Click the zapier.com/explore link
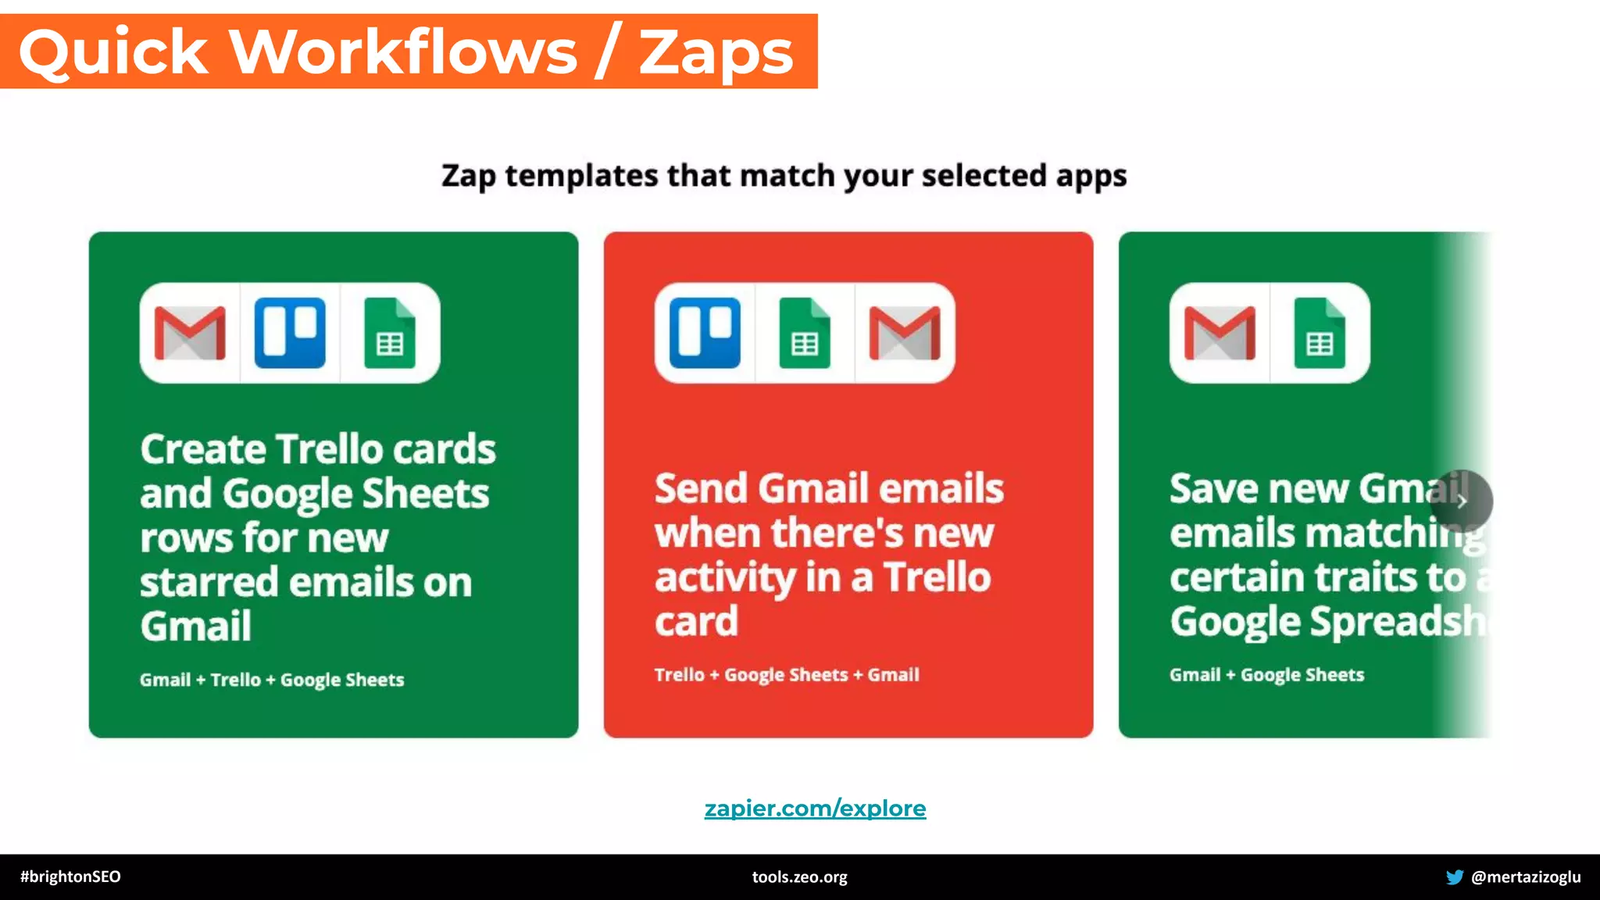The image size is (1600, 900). [815, 808]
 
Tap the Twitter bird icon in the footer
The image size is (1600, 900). [1454, 877]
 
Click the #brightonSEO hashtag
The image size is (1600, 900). [70, 877]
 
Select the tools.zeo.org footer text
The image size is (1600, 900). [799, 877]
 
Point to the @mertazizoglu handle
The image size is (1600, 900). [1526, 877]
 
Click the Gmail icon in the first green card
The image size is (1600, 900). [190, 333]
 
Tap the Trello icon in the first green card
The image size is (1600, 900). [290, 333]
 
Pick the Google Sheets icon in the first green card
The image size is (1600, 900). [390, 333]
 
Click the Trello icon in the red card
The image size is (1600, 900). [705, 333]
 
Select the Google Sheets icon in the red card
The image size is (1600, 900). [805, 333]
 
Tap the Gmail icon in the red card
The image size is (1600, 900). [905, 333]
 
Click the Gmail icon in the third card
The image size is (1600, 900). [1220, 333]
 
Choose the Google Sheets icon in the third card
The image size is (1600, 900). [1320, 333]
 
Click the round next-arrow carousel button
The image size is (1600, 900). [1461, 501]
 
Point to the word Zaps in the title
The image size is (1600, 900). [716, 53]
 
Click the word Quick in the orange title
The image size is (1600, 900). [114, 53]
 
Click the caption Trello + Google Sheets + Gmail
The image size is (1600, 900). [787, 675]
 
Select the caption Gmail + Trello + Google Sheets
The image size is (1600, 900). [272, 680]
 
